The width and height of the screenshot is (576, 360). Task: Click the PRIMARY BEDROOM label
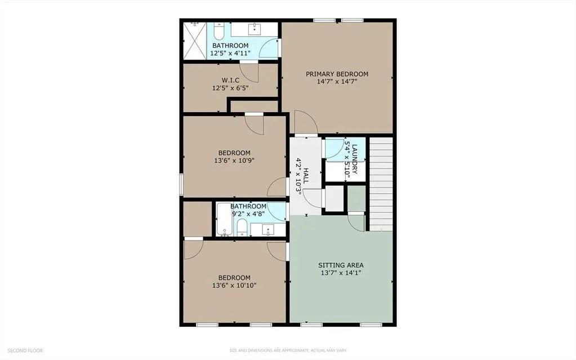(337, 74)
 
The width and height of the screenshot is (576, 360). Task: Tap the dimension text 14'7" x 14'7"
(337, 82)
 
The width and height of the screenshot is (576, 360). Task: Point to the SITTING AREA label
(341, 265)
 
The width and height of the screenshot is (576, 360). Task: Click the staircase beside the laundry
(381, 183)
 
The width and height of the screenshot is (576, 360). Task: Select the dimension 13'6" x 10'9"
(234, 161)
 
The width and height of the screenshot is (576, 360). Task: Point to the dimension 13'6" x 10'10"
(234, 286)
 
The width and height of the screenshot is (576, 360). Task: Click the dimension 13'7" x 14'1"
(341, 273)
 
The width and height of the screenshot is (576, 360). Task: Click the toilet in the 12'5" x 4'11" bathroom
(219, 30)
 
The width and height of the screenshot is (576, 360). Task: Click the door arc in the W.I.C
(253, 72)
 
